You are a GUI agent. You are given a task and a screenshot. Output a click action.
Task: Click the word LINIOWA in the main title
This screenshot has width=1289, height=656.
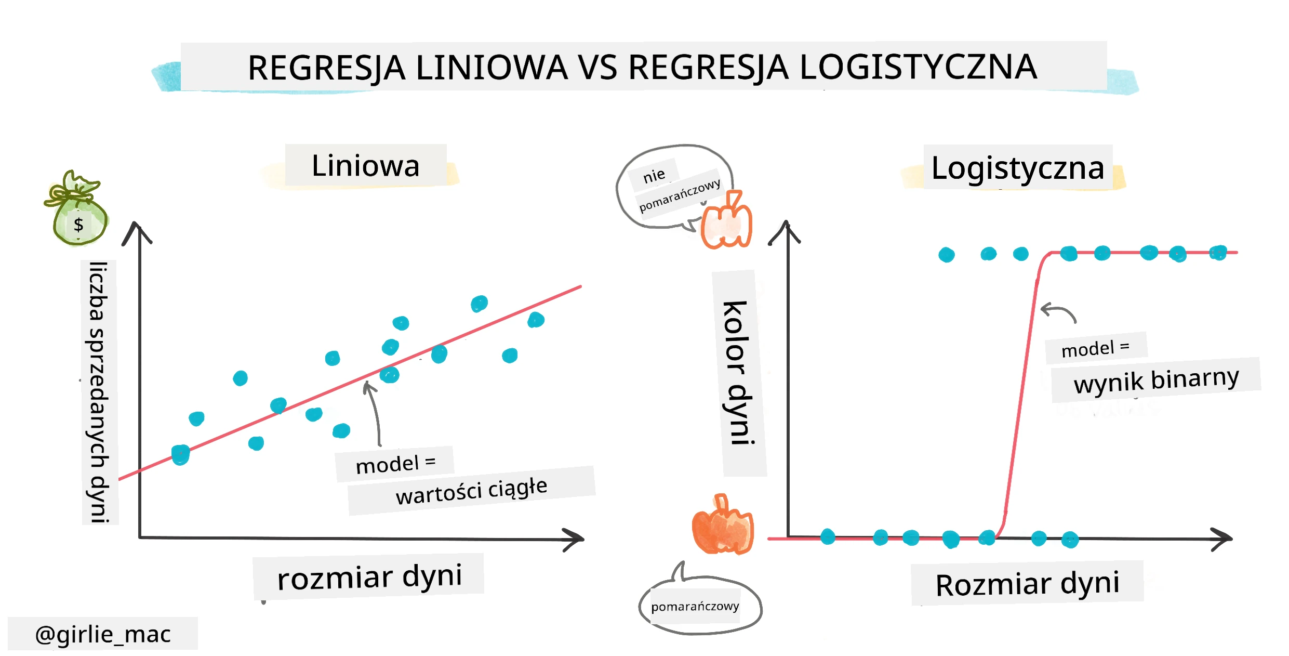tap(491, 68)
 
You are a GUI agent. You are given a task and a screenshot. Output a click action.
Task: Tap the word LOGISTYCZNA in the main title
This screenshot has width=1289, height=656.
tap(919, 67)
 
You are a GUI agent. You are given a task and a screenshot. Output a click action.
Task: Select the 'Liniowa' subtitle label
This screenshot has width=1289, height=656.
tap(365, 166)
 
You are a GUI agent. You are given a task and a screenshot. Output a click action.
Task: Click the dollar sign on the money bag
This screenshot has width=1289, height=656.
tap(78, 225)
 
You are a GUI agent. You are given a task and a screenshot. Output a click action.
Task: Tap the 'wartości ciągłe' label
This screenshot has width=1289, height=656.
tap(471, 491)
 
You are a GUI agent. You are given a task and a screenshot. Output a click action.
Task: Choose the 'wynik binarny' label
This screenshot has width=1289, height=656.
tap(1156, 381)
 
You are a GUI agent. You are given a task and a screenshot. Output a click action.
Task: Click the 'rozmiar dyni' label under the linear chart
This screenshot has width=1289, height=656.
tap(369, 577)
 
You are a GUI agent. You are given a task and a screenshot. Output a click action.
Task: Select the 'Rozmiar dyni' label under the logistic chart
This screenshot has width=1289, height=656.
tap(1027, 584)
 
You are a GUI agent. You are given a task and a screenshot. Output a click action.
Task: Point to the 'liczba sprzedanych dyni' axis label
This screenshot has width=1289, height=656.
tap(99, 392)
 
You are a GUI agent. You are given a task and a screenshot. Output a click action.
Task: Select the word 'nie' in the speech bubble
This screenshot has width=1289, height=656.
tap(654, 175)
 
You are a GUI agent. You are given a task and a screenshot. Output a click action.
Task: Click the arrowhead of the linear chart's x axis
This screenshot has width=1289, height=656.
tap(575, 540)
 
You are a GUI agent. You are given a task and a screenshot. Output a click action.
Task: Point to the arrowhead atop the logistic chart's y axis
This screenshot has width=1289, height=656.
tap(786, 231)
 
